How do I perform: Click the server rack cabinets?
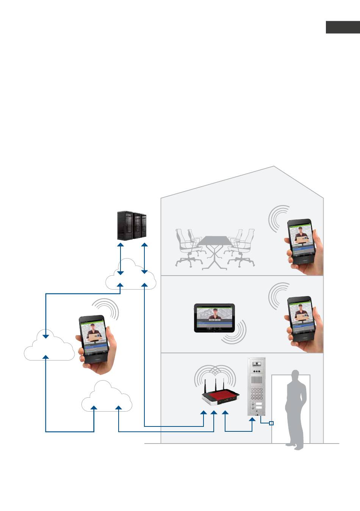tap(131, 225)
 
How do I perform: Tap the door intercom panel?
tap(257, 386)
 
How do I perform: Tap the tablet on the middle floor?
tap(214, 318)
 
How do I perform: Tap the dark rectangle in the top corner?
tap(343, 27)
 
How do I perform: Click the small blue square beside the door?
tap(271, 423)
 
